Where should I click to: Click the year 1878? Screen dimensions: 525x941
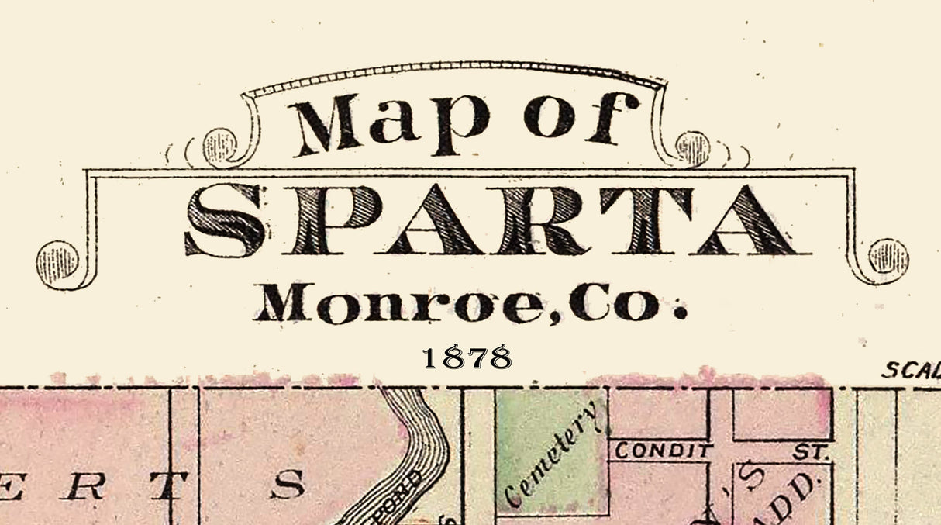467,357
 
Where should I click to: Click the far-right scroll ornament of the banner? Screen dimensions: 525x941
888,257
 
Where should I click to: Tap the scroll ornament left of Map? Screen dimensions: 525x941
219,146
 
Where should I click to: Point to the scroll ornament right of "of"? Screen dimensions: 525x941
692,147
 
